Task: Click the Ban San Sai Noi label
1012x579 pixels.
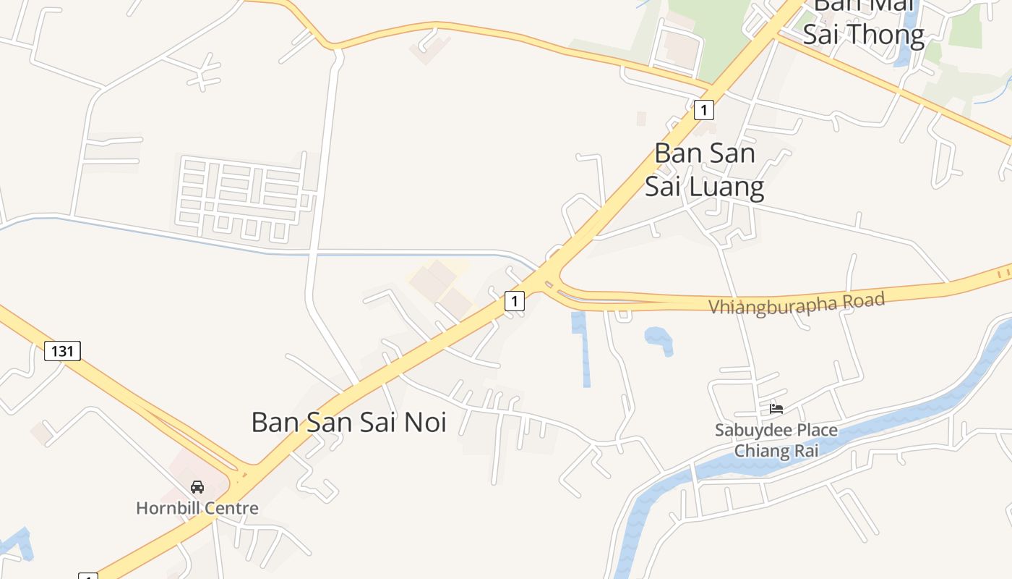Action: click(x=348, y=422)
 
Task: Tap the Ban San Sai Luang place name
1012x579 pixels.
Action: click(x=704, y=170)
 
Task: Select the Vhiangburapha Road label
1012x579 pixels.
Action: click(x=797, y=303)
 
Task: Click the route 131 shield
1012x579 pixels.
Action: click(x=63, y=351)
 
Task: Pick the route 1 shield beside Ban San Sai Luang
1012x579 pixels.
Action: click(x=703, y=110)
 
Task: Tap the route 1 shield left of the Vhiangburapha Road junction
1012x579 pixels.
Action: click(x=514, y=300)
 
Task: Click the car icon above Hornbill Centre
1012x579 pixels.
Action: click(x=197, y=487)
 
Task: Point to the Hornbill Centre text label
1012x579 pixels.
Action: click(x=197, y=508)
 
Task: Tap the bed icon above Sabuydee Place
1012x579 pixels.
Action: click(x=776, y=409)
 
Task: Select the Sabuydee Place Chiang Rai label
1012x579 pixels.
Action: click(x=776, y=440)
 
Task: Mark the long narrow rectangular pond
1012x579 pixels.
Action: click(x=582, y=347)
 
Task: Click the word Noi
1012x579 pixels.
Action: click(x=425, y=422)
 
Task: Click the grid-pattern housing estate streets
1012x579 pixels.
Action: click(x=242, y=194)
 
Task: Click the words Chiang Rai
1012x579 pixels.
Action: click(x=776, y=451)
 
